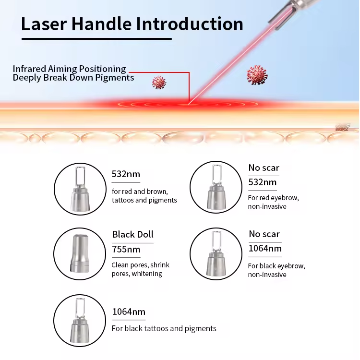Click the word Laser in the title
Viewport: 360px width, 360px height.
44,24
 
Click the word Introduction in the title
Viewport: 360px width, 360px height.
190,24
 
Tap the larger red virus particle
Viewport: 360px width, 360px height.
257,75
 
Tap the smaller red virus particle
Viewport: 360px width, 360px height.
159,82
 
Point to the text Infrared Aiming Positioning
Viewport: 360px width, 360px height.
69,69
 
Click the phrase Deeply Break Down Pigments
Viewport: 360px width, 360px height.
73,78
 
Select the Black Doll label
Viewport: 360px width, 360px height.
132,234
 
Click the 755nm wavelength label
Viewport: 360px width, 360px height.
126,249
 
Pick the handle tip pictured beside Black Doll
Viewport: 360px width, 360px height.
79,253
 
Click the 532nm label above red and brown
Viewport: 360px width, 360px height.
126,174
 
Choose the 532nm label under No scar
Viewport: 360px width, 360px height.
263,182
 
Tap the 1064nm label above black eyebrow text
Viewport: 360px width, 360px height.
265,249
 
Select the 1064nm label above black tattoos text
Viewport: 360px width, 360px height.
129,312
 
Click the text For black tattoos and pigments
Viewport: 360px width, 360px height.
164,328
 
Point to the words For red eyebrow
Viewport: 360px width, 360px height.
273,198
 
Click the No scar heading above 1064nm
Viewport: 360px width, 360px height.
264,234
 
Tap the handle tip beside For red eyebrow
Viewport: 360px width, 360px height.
216,187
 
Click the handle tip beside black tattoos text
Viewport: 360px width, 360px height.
80,321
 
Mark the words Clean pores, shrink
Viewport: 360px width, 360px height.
140,265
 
